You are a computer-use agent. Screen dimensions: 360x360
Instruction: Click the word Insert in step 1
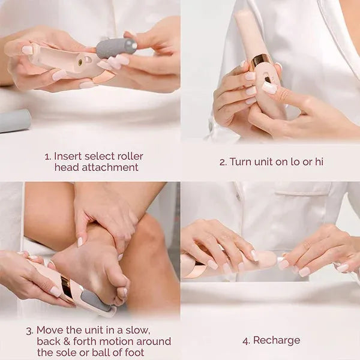(67, 157)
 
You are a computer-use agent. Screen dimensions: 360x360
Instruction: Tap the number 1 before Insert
(47, 157)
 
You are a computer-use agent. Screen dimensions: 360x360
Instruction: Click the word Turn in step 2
(241, 162)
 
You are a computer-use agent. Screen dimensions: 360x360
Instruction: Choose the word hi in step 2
(319, 162)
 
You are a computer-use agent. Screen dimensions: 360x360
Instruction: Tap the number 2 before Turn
(222, 162)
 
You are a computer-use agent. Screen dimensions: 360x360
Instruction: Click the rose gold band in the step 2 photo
(261, 60)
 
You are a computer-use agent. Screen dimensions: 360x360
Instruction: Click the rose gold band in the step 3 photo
(68, 287)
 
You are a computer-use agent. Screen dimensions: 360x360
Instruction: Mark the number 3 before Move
(29, 330)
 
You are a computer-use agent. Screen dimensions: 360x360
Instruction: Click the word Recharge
(277, 340)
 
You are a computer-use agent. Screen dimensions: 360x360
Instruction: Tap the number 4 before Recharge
(245, 340)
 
